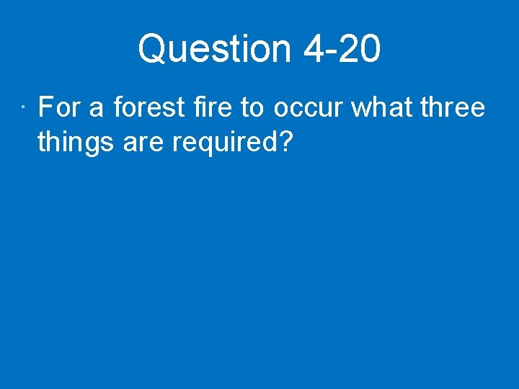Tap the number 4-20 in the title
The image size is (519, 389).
[342, 50]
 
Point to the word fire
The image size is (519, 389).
[213, 108]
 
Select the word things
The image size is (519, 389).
[77, 142]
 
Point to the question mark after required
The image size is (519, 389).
[285, 142]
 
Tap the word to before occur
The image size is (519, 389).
[252, 108]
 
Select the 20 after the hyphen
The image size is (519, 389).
[360, 50]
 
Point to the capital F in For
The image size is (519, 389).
[45, 108]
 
